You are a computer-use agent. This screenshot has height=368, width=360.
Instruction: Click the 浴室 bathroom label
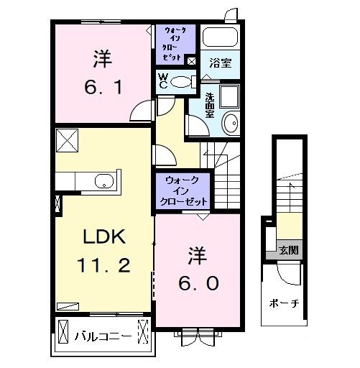point(220,63)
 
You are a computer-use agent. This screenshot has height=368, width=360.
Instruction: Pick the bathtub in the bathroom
point(221,36)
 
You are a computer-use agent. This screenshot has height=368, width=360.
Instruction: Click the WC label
point(163,80)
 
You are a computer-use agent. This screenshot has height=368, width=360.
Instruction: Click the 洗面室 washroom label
point(209,106)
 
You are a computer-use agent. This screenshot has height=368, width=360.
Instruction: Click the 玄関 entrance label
point(290,251)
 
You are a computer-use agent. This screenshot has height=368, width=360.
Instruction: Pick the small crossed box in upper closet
point(191,61)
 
